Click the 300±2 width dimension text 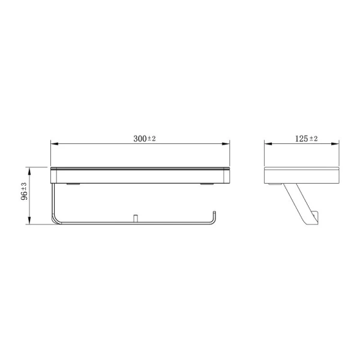pos(144,139)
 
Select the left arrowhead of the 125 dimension pos(268,144)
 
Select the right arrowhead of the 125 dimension pos(341,144)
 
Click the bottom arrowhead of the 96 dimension pos(29,223)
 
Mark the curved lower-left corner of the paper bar pos(56,220)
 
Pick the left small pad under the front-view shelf pos(73,184)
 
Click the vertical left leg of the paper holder pos(54,201)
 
